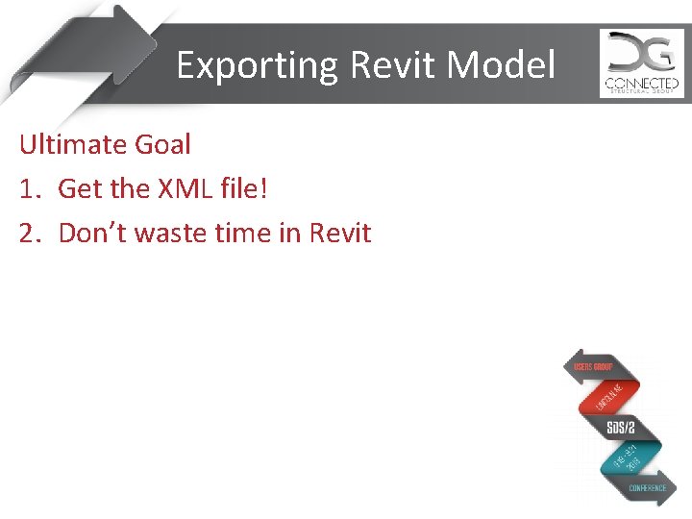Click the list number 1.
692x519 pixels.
(28, 189)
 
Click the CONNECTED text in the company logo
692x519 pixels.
(641, 84)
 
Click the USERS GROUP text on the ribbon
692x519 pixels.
(593, 368)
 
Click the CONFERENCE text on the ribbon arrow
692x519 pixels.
(648, 488)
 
